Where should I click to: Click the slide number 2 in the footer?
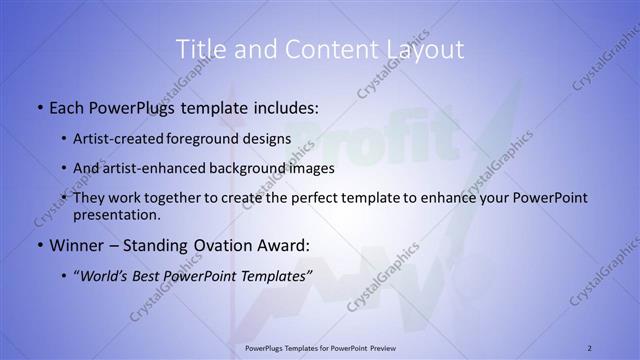tap(590, 347)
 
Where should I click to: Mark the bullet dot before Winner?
tap(39, 245)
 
